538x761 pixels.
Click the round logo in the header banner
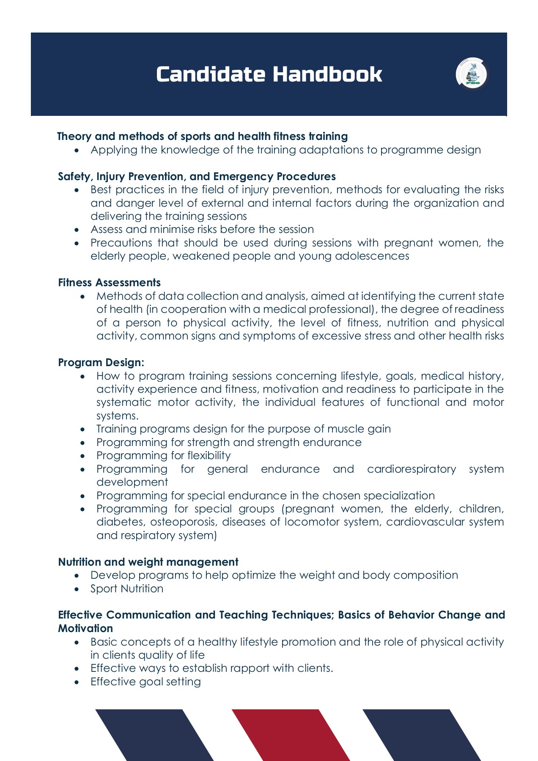click(472, 74)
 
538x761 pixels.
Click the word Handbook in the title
click(327, 74)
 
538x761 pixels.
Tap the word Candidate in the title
click(211, 74)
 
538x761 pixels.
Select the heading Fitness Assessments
click(109, 282)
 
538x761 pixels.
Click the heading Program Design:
click(101, 362)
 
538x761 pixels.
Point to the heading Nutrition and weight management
click(148, 562)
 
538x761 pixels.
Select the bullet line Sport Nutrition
click(127, 589)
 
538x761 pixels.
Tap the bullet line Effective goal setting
click(145, 682)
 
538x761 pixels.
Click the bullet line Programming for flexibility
click(163, 455)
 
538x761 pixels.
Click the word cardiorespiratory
click(412, 469)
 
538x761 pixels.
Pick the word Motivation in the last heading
click(85, 628)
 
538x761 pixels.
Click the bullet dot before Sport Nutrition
click(77, 589)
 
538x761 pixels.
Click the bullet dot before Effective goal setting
click(77, 682)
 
